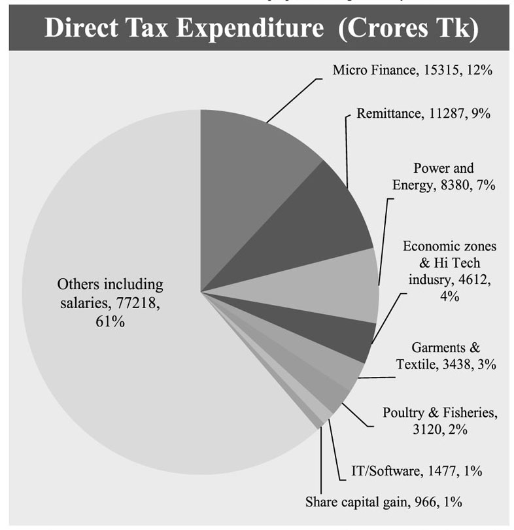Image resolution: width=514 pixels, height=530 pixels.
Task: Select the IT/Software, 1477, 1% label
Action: coord(418,470)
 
